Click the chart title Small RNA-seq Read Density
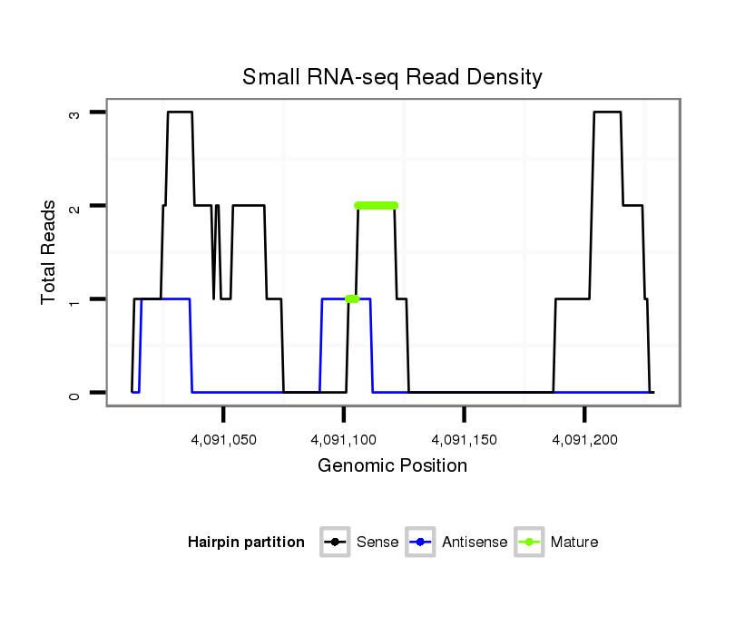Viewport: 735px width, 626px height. (392, 77)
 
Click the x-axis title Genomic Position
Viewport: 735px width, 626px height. (392, 466)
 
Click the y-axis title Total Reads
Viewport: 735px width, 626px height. (49, 252)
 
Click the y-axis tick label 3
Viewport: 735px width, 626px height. (76, 112)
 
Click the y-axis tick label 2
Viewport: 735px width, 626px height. (76, 206)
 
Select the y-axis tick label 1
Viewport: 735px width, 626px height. (76, 299)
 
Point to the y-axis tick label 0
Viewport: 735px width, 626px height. (76, 393)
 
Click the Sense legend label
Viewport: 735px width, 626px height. (377, 543)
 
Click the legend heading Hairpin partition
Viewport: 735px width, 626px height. (246, 543)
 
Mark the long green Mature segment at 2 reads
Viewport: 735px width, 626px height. (377, 205)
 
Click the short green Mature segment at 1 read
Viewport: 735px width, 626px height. (352, 298)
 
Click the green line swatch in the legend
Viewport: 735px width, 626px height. (529, 543)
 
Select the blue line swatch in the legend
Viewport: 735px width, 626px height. (422, 543)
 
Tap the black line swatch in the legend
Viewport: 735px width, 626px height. (336, 543)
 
